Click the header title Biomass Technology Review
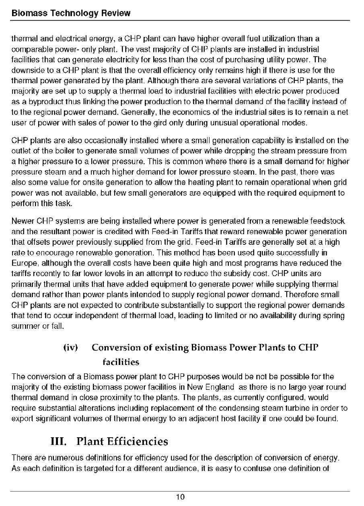click(71, 13)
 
